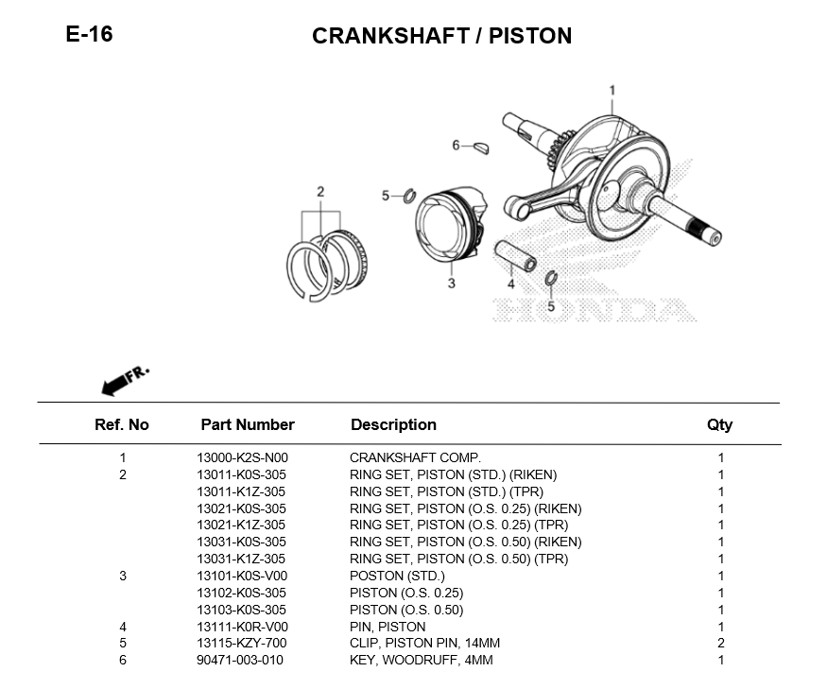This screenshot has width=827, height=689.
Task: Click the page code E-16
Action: point(89,34)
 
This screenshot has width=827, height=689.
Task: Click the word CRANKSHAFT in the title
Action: point(391,36)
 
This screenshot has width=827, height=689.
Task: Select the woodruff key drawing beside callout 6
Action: point(480,147)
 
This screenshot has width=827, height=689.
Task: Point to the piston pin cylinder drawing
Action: point(515,256)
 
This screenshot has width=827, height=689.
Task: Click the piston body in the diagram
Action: point(450,224)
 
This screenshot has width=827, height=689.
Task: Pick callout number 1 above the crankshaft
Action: point(612,90)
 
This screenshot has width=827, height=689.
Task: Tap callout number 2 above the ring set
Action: point(320,192)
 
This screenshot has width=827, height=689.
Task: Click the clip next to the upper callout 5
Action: point(410,196)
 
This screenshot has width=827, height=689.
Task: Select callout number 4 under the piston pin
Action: point(510,284)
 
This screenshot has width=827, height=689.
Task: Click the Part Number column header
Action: point(248,424)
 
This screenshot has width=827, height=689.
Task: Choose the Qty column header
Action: point(720,424)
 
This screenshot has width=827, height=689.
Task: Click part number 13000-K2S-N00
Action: point(242,458)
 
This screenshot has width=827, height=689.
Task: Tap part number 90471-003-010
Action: point(240,660)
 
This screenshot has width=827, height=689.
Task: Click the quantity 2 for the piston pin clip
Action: point(721,643)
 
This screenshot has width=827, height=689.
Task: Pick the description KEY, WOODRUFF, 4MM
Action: point(421,660)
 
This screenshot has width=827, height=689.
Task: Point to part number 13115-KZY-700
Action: point(242,643)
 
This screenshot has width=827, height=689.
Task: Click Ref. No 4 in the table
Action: point(123,627)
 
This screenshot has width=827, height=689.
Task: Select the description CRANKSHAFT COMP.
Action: point(415,458)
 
